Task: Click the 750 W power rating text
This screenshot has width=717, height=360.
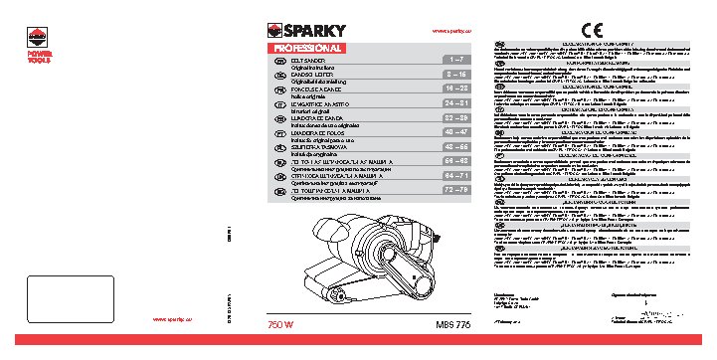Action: pos(282,326)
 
